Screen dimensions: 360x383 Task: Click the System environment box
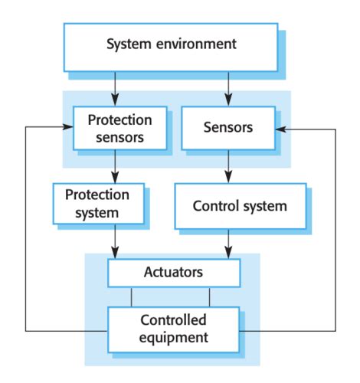(x=171, y=47)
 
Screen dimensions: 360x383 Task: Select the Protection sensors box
(x=120, y=128)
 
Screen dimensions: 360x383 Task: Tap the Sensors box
(x=228, y=128)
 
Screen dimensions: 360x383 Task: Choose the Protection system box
(x=99, y=204)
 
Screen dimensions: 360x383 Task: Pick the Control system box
(x=241, y=206)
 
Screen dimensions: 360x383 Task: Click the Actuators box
(x=174, y=273)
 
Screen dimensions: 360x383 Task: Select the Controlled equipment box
(x=174, y=329)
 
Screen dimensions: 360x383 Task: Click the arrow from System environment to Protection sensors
(x=115, y=89)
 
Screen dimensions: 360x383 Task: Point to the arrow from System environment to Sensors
(x=228, y=89)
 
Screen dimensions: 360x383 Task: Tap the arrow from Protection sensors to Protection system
(x=115, y=166)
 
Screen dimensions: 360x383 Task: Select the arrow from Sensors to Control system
(x=228, y=166)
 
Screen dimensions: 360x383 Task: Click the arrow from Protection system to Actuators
(x=115, y=241)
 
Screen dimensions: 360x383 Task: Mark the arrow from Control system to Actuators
(x=228, y=244)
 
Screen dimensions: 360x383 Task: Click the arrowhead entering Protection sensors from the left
(x=68, y=127)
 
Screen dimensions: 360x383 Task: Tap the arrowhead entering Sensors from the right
(x=281, y=129)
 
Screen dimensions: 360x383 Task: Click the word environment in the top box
(x=196, y=44)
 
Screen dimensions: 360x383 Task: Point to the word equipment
(x=174, y=338)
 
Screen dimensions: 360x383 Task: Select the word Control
(x=215, y=206)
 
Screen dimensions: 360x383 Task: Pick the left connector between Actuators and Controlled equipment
(x=132, y=297)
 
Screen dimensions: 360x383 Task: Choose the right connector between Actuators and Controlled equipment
(x=209, y=297)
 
